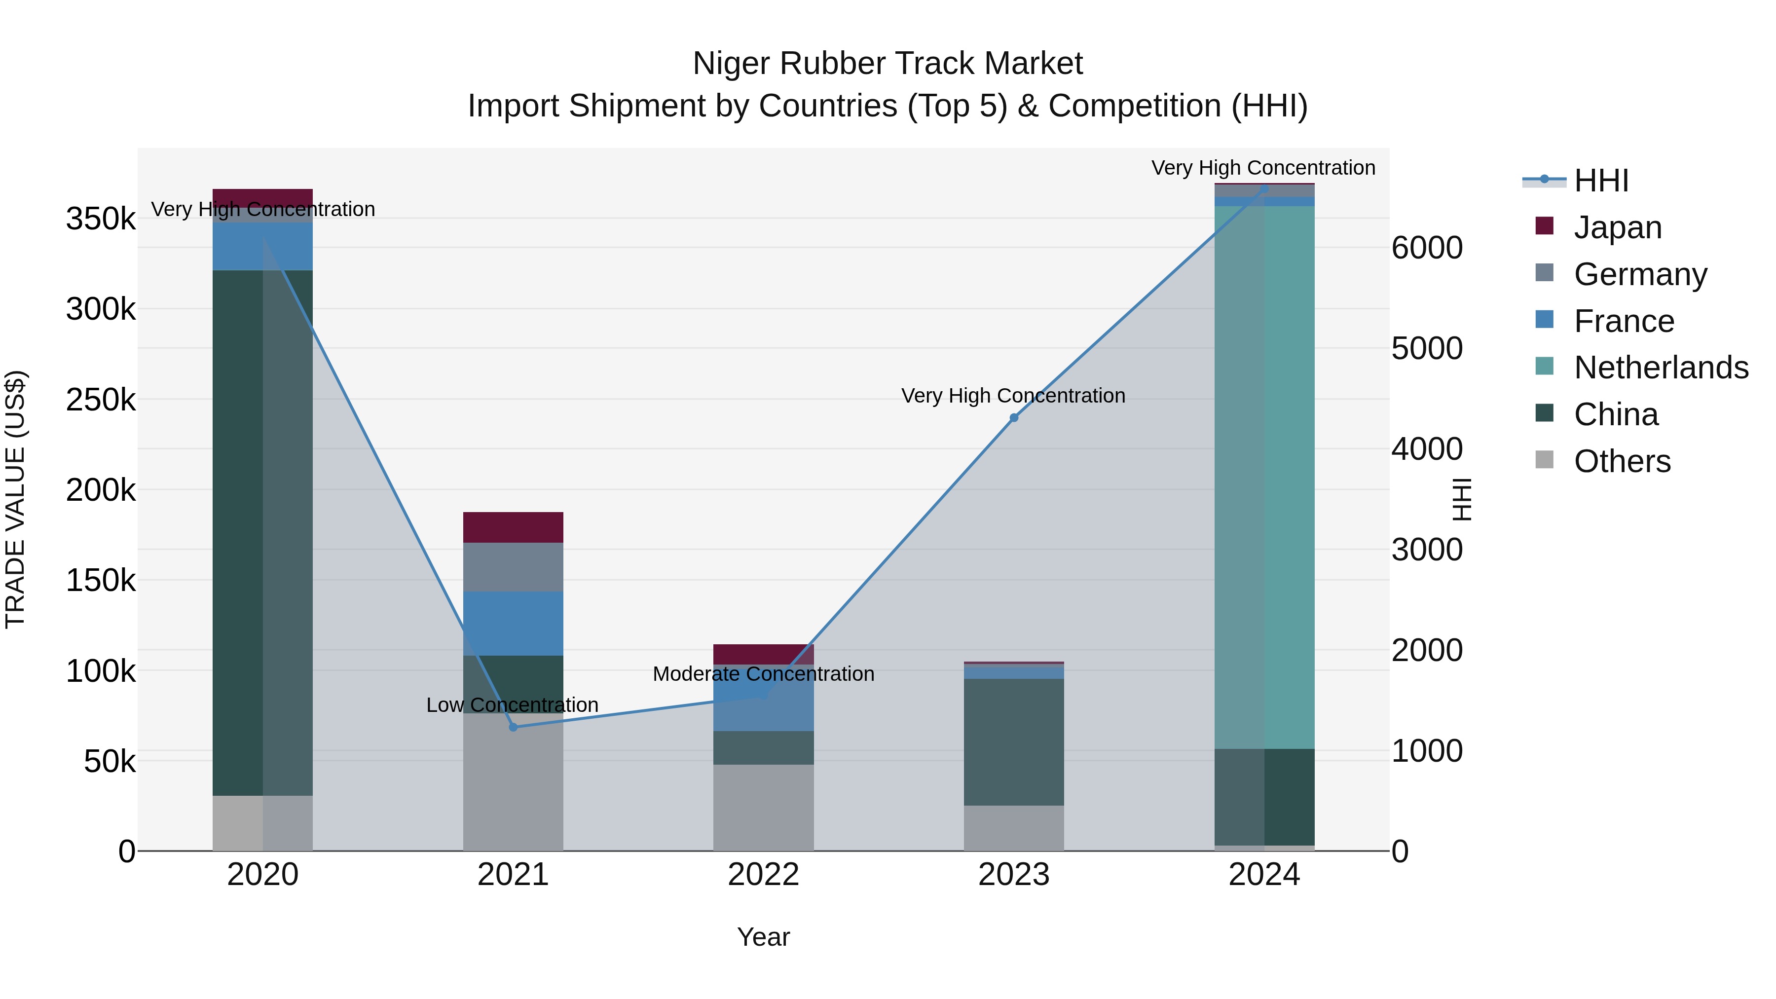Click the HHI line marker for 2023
point(1013,418)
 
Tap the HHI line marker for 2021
point(513,727)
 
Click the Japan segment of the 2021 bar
point(513,527)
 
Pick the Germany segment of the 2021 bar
point(513,567)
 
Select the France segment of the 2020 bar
point(262,246)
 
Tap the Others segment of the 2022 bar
point(763,807)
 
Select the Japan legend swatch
point(1544,226)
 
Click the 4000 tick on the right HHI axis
point(1426,449)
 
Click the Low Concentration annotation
point(512,704)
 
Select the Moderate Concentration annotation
point(763,673)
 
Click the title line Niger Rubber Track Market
point(888,64)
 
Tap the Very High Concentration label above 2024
point(1263,168)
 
